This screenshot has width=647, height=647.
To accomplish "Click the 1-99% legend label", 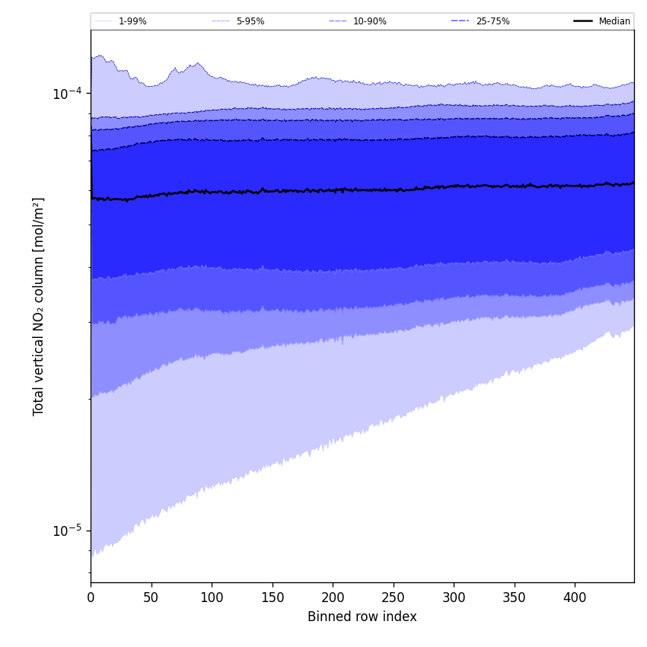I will (x=132, y=21).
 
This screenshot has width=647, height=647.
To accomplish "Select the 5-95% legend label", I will (x=250, y=21).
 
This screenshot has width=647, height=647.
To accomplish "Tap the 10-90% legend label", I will (x=369, y=21).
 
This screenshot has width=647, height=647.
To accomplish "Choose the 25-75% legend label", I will (x=492, y=21).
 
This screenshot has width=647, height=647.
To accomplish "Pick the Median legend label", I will (x=614, y=21).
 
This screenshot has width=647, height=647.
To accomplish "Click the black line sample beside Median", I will (x=584, y=21).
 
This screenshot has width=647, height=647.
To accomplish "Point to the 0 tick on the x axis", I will (x=91, y=598).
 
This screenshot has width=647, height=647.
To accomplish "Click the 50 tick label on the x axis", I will (x=151, y=598).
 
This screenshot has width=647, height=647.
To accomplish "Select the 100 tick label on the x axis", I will (x=212, y=598).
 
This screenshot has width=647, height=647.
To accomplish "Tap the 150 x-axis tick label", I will (x=272, y=598).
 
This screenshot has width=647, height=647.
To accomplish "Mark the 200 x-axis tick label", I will (x=333, y=598).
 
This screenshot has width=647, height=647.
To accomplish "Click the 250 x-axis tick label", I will (x=393, y=598).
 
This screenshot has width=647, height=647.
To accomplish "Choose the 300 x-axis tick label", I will (x=454, y=598).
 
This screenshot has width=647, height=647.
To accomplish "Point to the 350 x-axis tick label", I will (x=515, y=598).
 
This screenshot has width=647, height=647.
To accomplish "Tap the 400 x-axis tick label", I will (x=575, y=598).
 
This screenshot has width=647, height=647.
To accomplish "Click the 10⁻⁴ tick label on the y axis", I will (x=67, y=94).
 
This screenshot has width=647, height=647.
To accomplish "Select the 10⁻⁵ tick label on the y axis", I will (x=67, y=531).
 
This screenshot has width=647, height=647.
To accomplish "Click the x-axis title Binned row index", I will (x=362, y=617).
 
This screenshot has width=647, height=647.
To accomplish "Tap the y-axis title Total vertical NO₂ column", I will (x=39, y=306).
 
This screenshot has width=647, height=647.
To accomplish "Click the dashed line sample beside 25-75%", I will (x=461, y=21).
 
